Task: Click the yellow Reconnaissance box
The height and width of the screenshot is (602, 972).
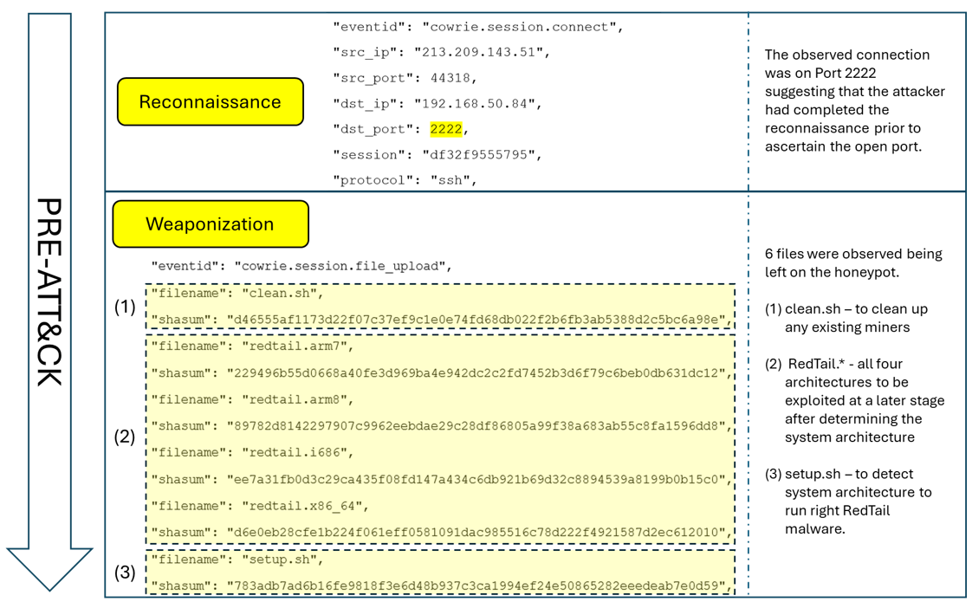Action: pyautogui.click(x=211, y=102)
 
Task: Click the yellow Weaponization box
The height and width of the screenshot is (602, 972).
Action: pyautogui.click(x=211, y=224)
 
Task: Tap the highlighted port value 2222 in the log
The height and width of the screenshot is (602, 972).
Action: pyautogui.click(x=446, y=129)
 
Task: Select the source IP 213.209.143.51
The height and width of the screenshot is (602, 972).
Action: pyautogui.click(x=481, y=52)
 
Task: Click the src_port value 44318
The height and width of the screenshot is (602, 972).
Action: pyautogui.click(x=450, y=78)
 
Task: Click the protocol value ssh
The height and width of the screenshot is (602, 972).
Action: pyautogui.click(x=450, y=180)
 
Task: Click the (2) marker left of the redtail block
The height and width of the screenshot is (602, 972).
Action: pyautogui.click(x=126, y=436)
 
